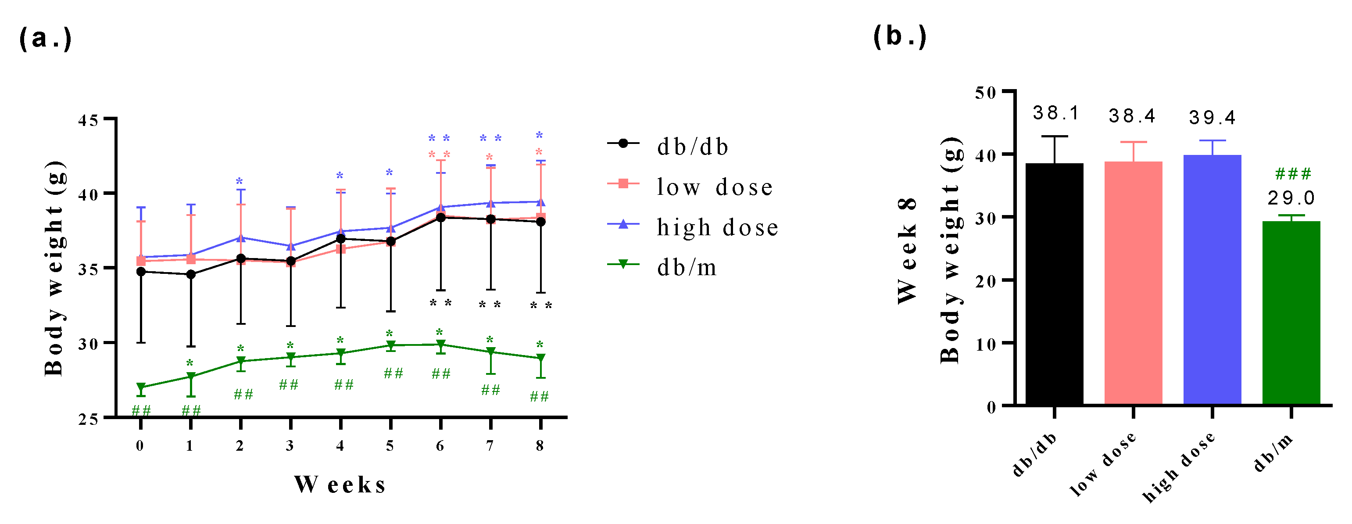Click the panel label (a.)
coord(45,39)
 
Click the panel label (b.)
coord(900,37)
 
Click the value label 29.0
coord(1291,198)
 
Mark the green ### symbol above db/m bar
coord(1293,173)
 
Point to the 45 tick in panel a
coord(88,120)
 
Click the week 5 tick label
coord(390,446)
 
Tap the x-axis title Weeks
coord(340,484)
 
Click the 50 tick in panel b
coord(985,93)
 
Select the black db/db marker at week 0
coord(141,272)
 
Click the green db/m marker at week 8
coord(540,358)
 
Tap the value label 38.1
coord(1055,113)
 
